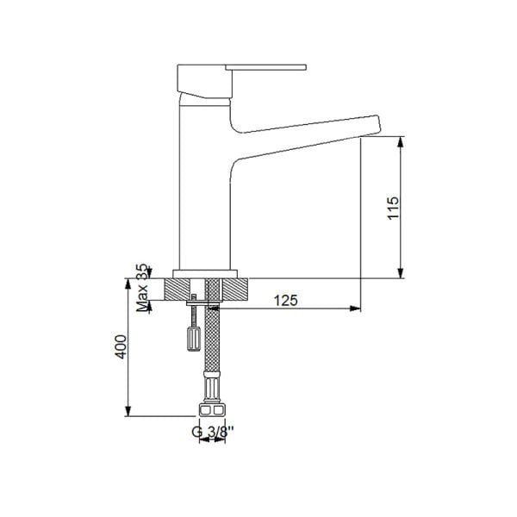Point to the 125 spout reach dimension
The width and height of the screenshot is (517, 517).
pyautogui.click(x=286, y=301)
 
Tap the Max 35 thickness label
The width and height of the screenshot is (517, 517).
pyautogui.click(x=143, y=289)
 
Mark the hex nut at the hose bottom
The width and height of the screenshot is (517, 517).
pyautogui.click(x=212, y=411)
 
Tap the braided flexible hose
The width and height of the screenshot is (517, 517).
pyautogui.click(x=212, y=340)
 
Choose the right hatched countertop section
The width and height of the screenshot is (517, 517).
pyautogui.click(x=234, y=289)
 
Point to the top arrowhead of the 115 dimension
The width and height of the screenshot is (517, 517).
pyautogui.click(x=402, y=141)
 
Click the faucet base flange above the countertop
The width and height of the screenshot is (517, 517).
pyautogui.click(x=205, y=271)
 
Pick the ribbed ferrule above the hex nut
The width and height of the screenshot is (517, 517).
pyautogui.click(x=212, y=386)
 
